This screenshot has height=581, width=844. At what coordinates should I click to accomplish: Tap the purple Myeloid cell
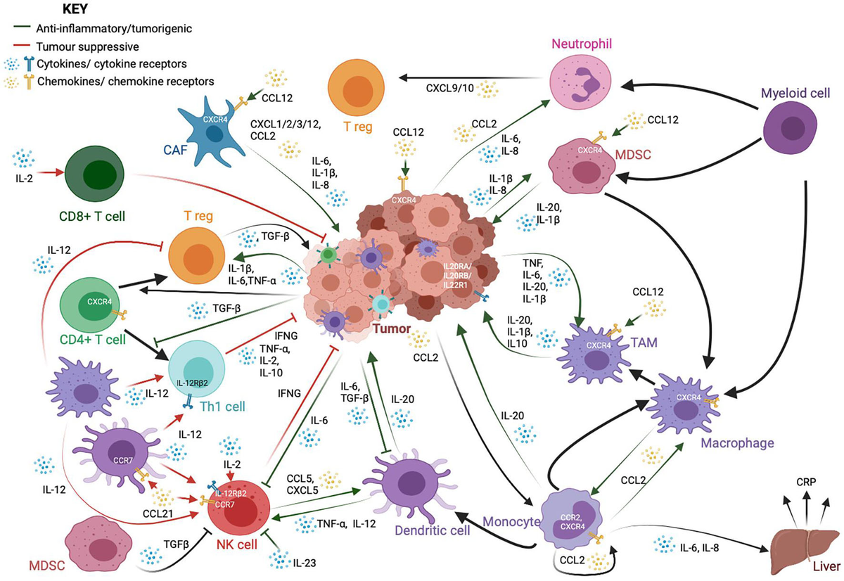click(x=795, y=127)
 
